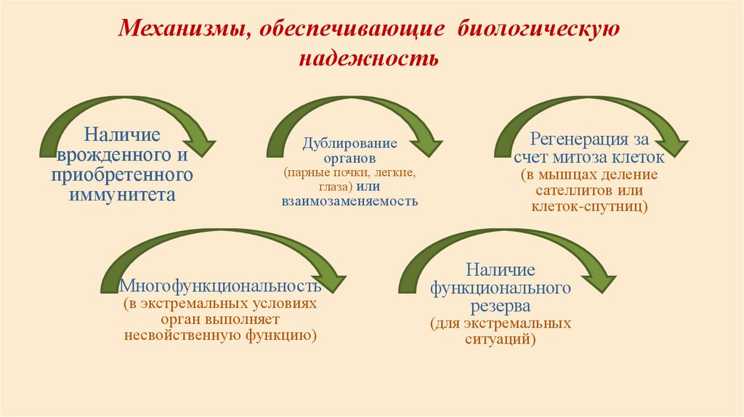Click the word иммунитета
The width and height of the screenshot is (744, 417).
click(121, 195)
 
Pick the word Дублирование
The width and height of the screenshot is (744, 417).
click(350, 142)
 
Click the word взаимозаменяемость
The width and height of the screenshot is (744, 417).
click(350, 201)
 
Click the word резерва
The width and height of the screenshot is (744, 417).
click(500, 305)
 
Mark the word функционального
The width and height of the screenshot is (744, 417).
click(500, 288)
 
